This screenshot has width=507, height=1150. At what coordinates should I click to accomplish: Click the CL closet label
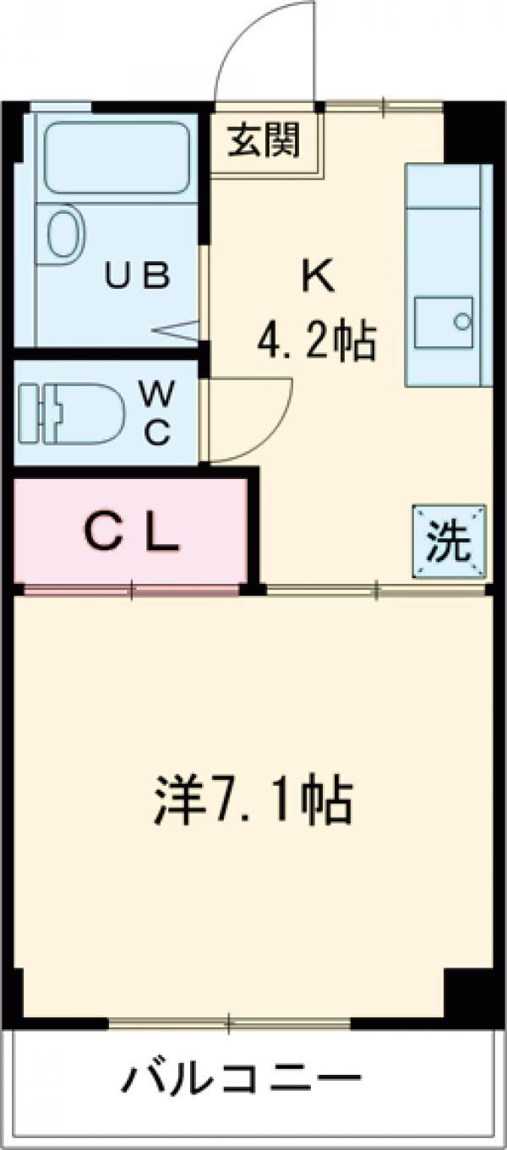(134, 533)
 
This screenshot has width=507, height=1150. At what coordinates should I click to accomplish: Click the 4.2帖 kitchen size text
(316, 342)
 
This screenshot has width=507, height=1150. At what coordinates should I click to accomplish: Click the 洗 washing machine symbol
(449, 542)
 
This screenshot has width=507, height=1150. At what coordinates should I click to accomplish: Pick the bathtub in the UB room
(116, 157)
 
